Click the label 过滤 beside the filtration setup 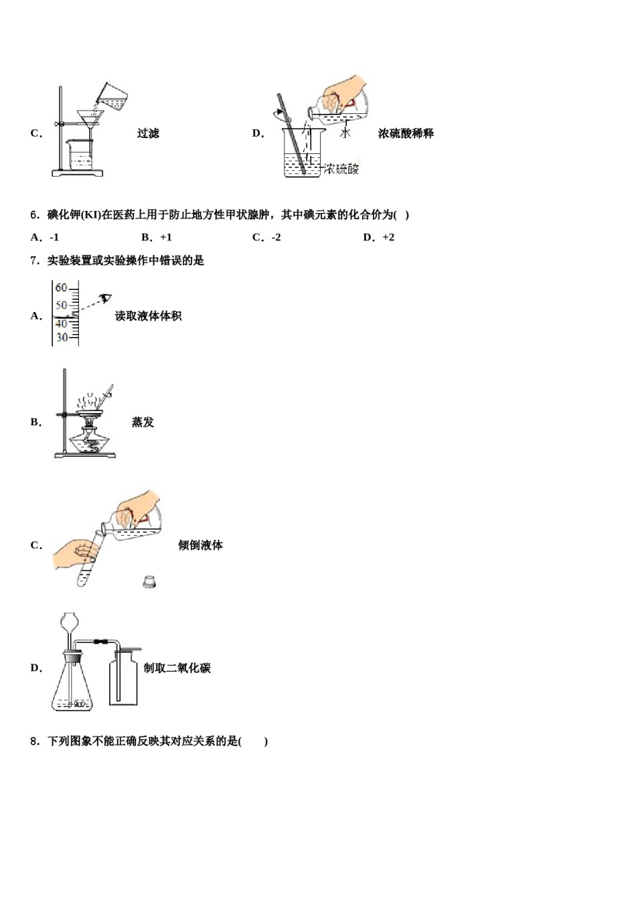(148, 133)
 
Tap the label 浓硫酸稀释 (406, 133)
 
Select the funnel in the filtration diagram (88, 119)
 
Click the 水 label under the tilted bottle (345, 133)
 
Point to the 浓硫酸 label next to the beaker (341, 169)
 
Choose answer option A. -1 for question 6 (46, 237)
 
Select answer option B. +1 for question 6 (157, 237)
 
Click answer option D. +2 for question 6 (379, 237)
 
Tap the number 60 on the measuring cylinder (62, 288)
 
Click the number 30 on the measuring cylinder (62, 337)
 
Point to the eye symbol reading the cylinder (105, 298)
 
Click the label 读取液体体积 (148, 316)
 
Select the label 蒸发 (143, 422)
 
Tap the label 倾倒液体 (200, 545)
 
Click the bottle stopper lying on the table (149, 581)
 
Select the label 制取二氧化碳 (177, 668)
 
